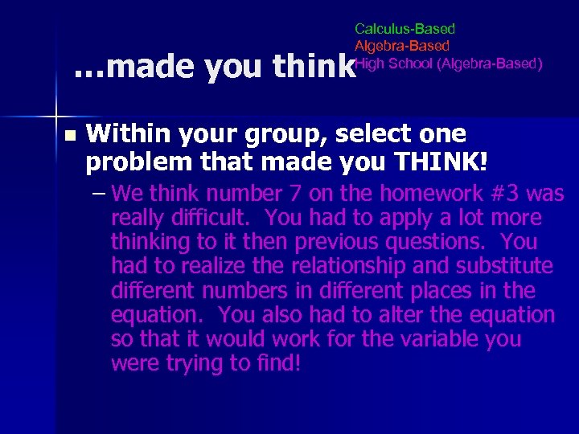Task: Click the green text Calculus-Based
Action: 404,30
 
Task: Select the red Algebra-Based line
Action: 402,47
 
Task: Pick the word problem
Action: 133,162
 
